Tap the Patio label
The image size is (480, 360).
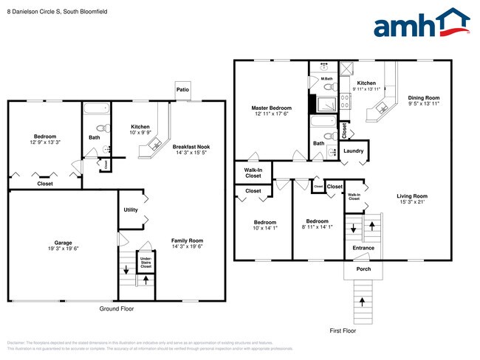click(x=182, y=91)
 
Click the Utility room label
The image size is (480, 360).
click(x=131, y=210)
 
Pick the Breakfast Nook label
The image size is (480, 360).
click(x=192, y=147)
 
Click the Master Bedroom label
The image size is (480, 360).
click(x=271, y=108)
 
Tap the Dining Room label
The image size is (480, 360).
click(x=424, y=98)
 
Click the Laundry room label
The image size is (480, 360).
click(x=354, y=151)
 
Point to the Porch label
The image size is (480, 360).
click(x=363, y=269)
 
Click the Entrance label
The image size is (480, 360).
click(x=363, y=248)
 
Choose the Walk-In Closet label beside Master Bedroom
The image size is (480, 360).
click(x=253, y=173)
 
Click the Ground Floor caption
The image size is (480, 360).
click(x=117, y=308)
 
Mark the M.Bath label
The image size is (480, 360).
click(x=327, y=77)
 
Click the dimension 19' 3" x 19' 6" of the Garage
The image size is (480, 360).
click(x=62, y=249)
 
